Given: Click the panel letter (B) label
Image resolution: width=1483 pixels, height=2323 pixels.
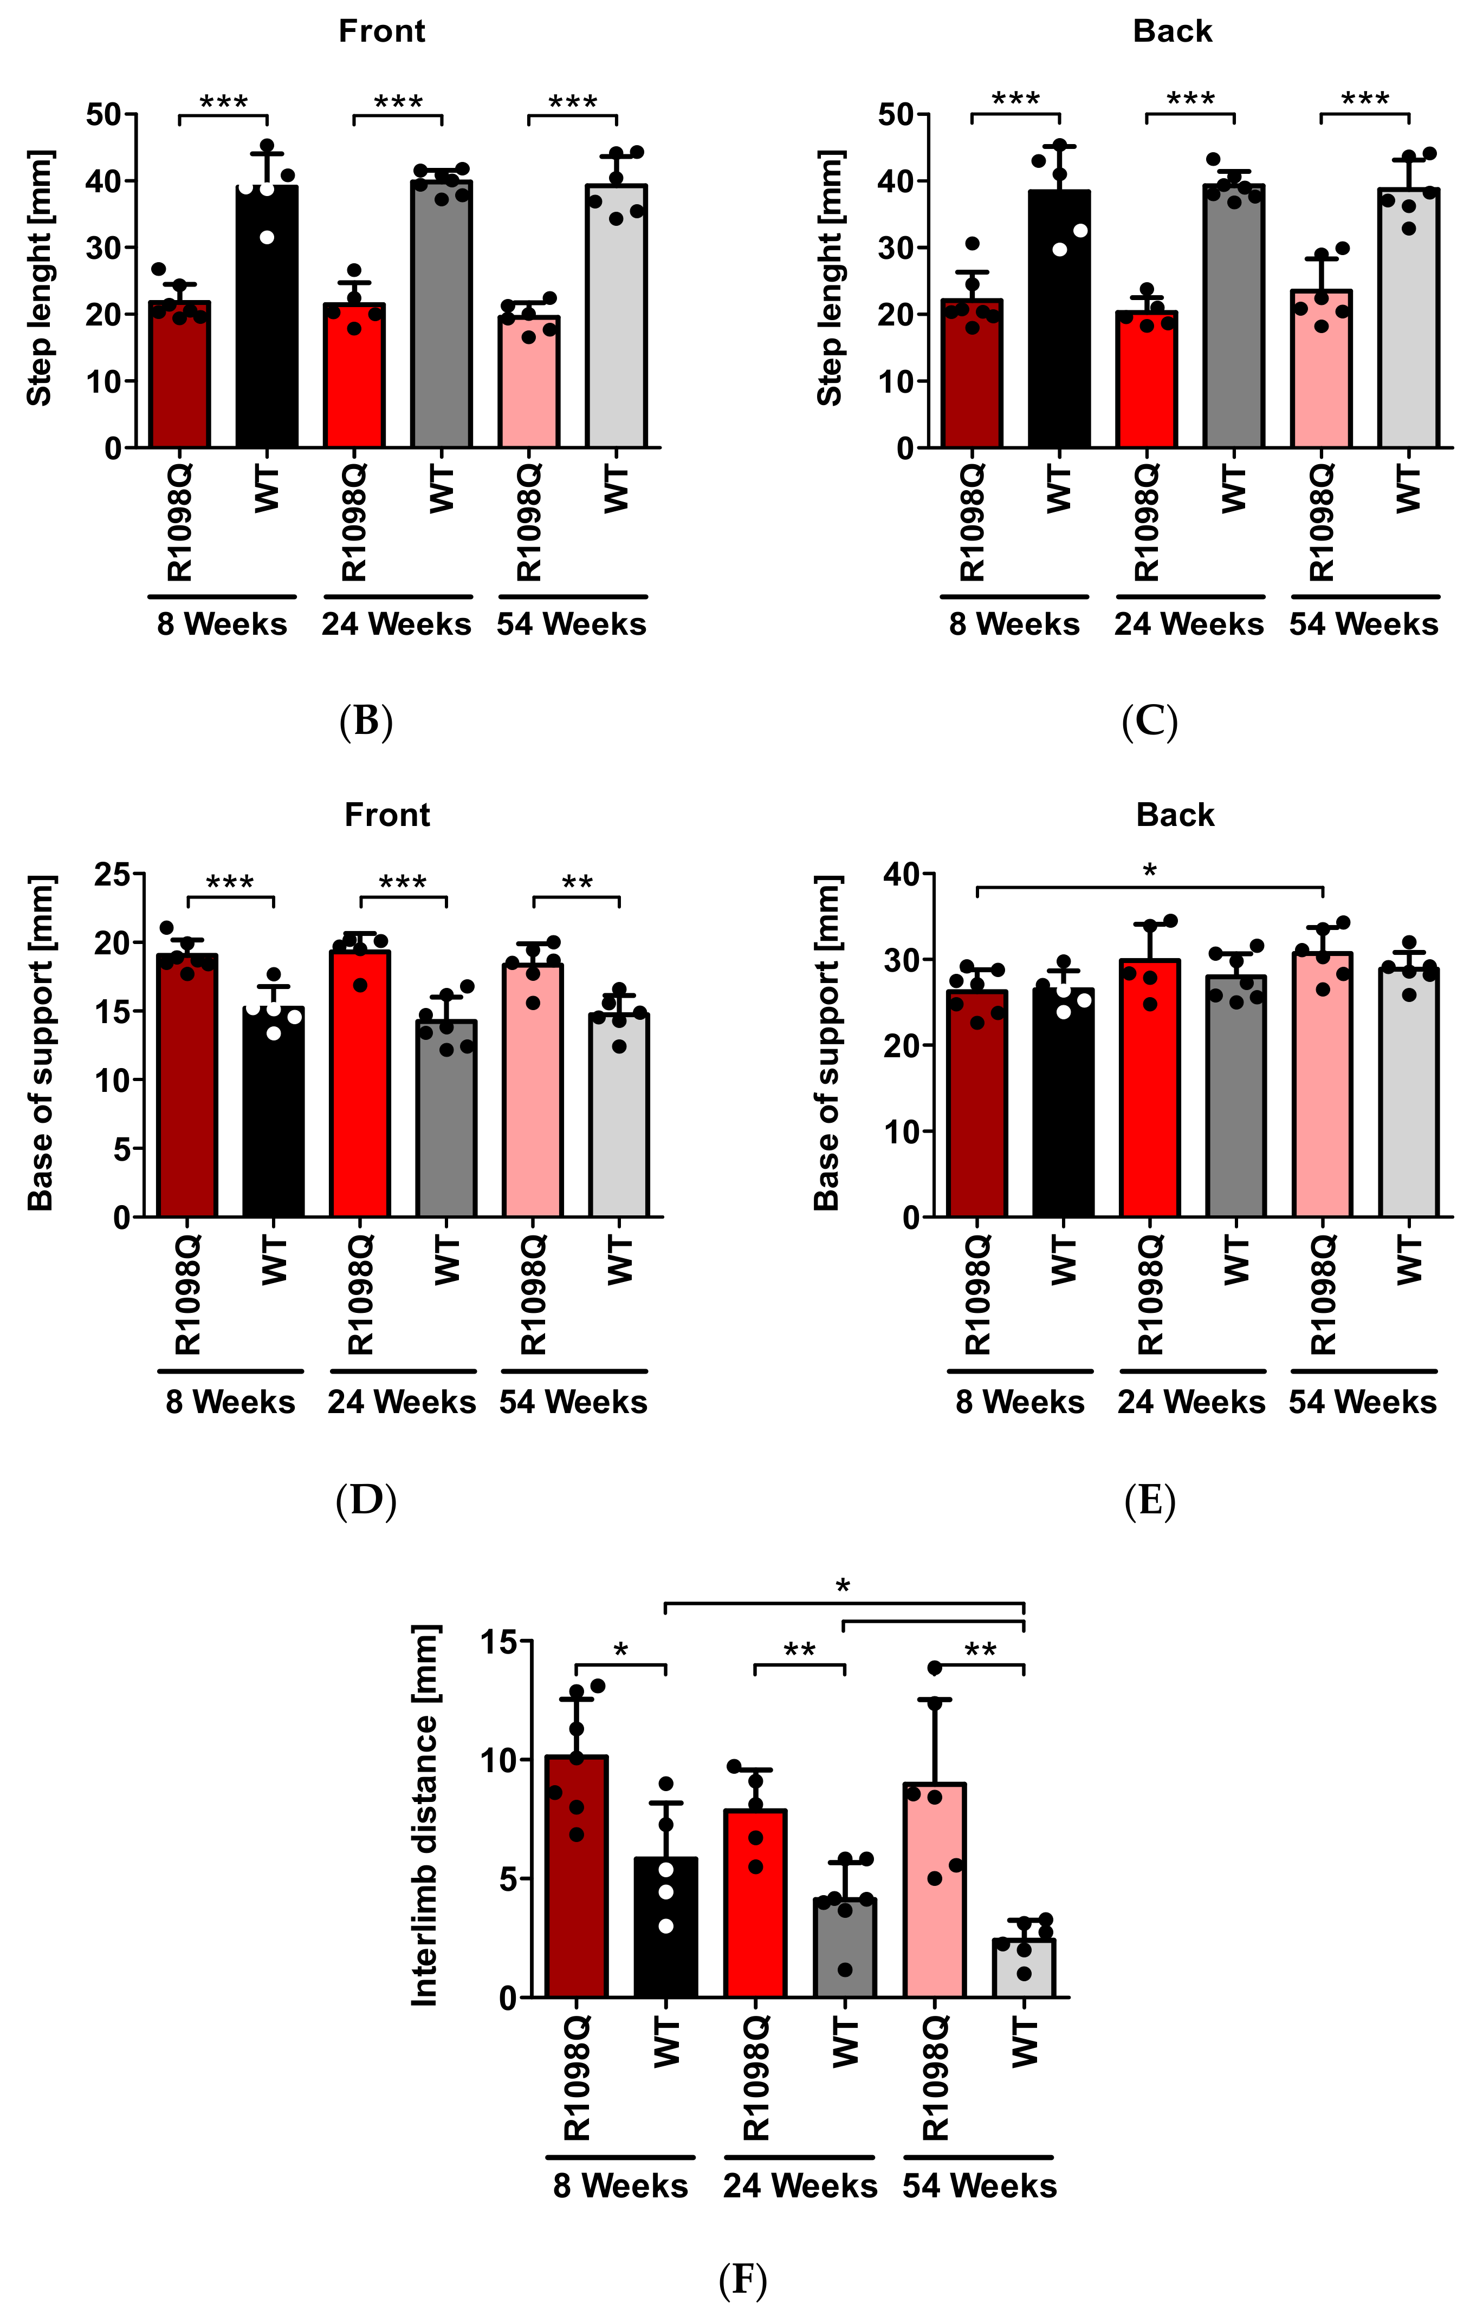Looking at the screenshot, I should tap(366, 721).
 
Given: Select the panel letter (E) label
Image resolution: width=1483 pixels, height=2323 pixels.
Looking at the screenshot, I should tap(1149, 1501).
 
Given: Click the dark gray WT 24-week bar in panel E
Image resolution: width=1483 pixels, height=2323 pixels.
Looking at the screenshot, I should tap(1236, 1100).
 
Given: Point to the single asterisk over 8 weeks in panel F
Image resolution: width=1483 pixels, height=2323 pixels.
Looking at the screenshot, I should tap(620, 1651).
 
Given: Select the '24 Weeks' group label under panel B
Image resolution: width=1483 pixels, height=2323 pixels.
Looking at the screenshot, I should tap(397, 624).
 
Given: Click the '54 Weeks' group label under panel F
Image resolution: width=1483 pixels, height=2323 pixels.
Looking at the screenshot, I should tap(979, 2185).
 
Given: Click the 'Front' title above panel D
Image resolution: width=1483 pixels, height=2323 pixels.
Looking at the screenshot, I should tap(387, 815).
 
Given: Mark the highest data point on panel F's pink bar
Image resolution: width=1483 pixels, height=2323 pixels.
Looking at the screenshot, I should tap(934, 1668).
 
